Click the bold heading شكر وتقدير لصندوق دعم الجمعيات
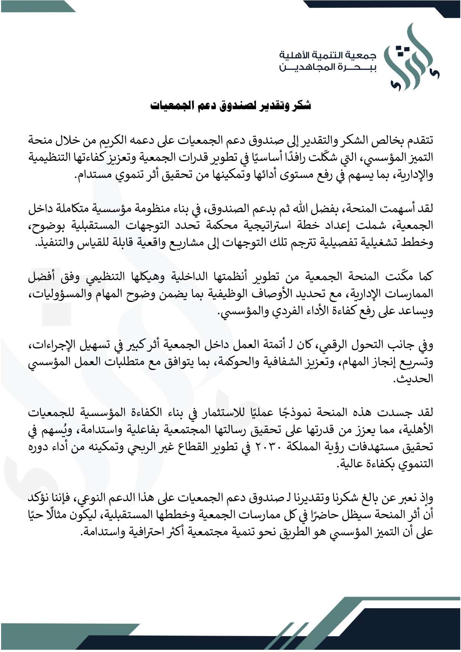pos(230,106)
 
